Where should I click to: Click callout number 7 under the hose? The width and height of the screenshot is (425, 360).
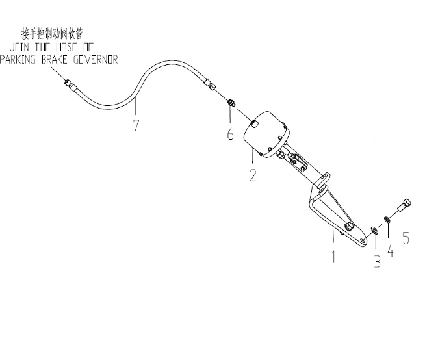[x=136, y=125]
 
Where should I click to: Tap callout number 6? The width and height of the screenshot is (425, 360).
[x=230, y=134]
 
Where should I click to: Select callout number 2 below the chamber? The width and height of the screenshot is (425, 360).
[x=253, y=175]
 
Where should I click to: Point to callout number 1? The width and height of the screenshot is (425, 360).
[x=333, y=256]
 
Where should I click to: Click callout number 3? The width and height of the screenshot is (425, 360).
[x=378, y=262]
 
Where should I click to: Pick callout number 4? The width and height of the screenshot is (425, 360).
[x=391, y=250]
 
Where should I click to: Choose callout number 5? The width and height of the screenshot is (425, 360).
[x=406, y=238]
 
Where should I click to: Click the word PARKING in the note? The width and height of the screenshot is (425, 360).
[x=18, y=60]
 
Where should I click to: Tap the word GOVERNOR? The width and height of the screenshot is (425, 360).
[x=96, y=60]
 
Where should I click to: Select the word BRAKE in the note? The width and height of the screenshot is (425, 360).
[x=55, y=60]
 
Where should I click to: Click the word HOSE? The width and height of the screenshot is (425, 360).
[x=66, y=47]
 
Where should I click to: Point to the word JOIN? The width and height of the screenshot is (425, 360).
[x=19, y=47]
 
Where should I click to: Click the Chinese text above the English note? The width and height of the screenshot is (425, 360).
[x=52, y=34]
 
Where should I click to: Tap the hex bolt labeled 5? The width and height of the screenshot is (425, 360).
[x=405, y=206]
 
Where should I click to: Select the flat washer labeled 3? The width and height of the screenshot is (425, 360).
[x=374, y=231]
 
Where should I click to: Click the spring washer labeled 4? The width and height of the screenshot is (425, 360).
[x=387, y=219]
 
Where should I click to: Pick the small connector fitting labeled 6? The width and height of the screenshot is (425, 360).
[x=231, y=103]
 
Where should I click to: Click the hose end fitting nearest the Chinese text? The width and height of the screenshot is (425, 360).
[x=70, y=84]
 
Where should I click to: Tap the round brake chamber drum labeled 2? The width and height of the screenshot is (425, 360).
[x=266, y=134]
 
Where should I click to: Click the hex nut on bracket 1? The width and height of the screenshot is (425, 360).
[x=348, y=227]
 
